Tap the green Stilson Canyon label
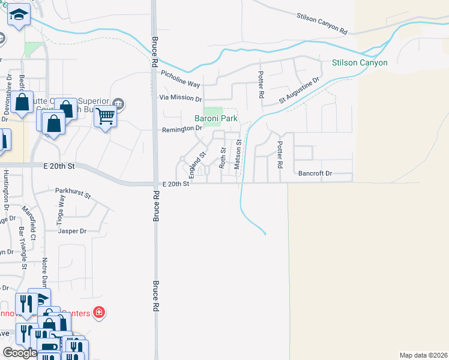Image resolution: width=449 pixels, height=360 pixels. point(360,62)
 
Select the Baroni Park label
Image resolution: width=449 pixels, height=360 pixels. point(216,119)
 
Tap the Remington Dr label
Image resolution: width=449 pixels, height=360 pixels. point(181,129)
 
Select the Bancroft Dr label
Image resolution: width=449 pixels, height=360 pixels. point(315,173)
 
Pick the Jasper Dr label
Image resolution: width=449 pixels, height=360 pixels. point(72,231)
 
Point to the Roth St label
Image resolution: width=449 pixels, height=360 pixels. point(222,157)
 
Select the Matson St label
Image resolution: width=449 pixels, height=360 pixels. point(238,155)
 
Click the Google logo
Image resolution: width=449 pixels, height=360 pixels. point(20,353)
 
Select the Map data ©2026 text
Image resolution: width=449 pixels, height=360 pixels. point(423,355)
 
